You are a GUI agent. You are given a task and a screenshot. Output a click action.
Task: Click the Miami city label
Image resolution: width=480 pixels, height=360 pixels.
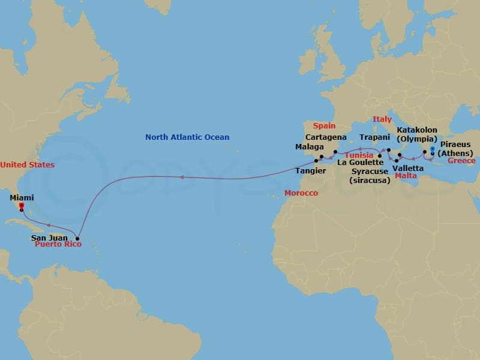point(22,197)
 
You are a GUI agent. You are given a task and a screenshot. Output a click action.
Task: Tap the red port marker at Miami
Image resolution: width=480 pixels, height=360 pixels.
point(21,206)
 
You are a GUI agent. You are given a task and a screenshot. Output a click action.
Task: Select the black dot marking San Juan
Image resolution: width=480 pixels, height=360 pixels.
point(77,238)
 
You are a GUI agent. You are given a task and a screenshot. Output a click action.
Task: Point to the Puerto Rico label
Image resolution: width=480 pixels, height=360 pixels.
point(57,245)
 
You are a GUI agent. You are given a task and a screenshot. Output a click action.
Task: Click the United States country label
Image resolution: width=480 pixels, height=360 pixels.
point(27,165)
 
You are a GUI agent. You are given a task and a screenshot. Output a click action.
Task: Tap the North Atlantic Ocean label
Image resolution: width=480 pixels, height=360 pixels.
point(187,137)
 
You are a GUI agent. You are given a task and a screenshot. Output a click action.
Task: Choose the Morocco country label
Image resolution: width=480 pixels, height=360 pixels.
point(301,193)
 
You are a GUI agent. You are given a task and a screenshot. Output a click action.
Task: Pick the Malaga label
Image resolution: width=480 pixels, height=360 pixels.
point(310,147)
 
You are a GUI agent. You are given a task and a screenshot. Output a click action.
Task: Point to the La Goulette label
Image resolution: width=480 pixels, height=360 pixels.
point(360,163)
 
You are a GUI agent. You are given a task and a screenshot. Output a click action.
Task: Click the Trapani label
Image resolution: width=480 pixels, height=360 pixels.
point(375,137)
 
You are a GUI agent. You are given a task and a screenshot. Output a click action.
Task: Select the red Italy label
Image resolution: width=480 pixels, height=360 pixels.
point(382,119)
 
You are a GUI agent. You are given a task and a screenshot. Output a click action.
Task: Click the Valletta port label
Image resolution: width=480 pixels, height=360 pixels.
point(407,169)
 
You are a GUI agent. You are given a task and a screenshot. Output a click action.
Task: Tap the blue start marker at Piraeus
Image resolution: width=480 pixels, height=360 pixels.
point(432,148)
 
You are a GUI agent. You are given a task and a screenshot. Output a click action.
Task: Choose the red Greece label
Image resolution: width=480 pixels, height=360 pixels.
point(461,161)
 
